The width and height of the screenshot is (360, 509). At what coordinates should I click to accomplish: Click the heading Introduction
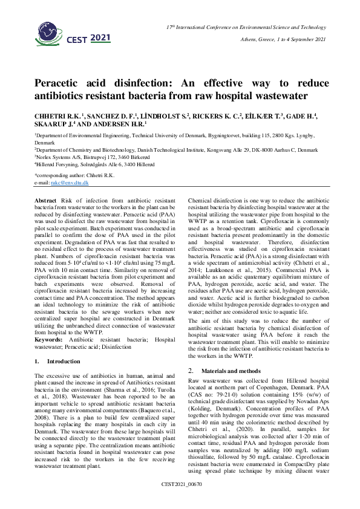64,361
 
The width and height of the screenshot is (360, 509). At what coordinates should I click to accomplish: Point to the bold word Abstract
45,199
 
